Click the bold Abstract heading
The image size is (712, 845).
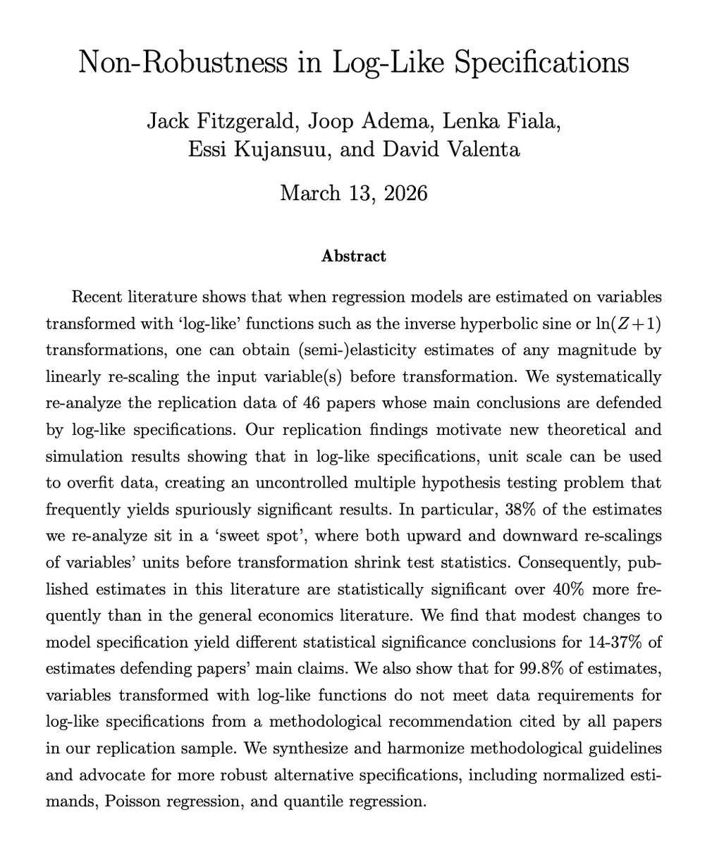(x=354, y=256)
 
